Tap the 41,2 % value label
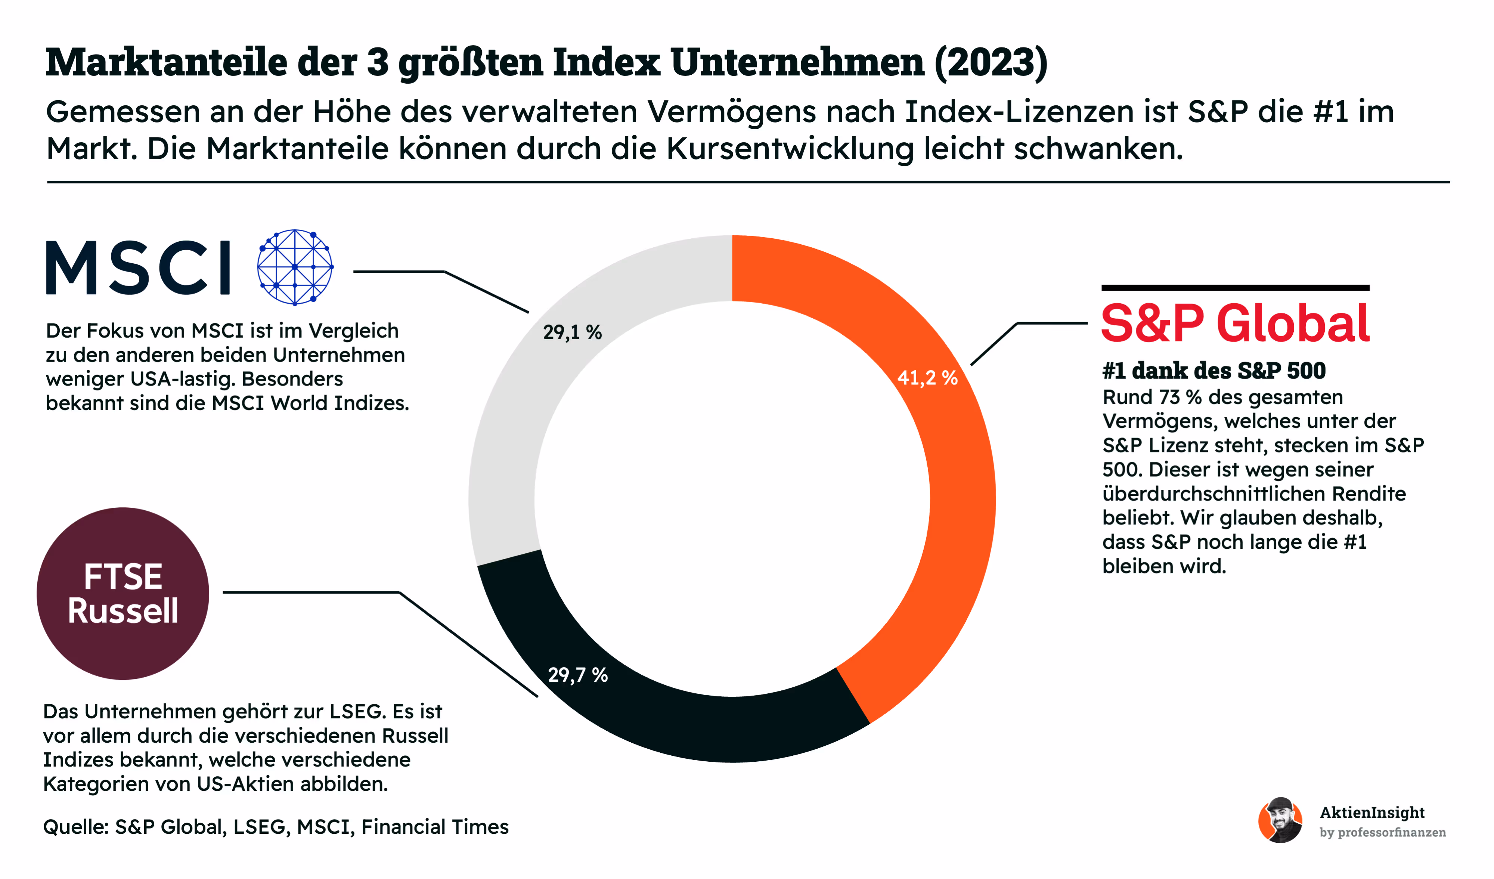927,378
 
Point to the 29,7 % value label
577,675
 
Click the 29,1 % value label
572,332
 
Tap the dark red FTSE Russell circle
123,593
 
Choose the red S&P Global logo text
1234,324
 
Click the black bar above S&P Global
1234,288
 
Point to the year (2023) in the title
991,62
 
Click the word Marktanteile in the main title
166,62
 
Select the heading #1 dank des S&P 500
1214,371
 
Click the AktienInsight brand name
1371,813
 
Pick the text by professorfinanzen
1382,832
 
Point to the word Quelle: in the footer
76,827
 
